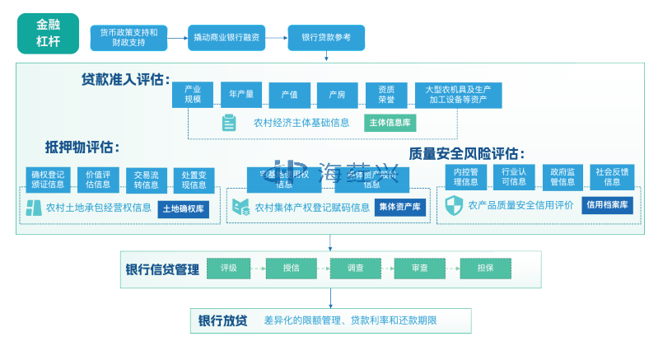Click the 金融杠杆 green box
pos(48,33)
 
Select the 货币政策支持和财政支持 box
pos(128,37)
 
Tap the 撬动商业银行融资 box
pos(226,37)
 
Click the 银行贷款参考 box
pos(326,37)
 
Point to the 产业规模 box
pos(193,95)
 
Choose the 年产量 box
pos(241,95)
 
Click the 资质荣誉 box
pos(386,95)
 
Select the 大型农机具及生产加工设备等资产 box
pos(458,95)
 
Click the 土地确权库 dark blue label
pos(183,208)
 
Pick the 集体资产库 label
pos(399,208)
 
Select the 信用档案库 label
pos(608,204)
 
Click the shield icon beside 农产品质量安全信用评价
pos(454,205)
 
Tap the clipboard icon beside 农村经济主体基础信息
pos(229,124)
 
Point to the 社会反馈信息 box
pos(612,177)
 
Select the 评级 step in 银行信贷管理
pos(228,268)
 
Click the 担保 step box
pos(485,268)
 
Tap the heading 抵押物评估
pos(82,147)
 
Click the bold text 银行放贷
pos(222,320)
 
